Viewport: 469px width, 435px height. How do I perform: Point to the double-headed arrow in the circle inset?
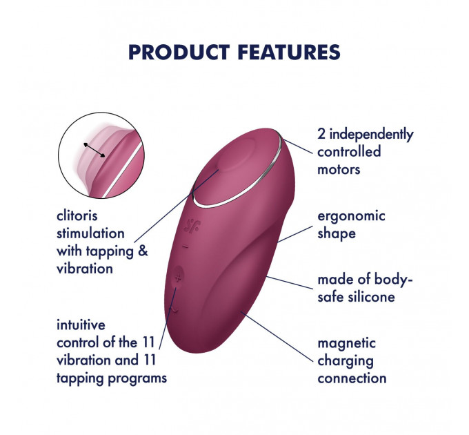click(95, 151)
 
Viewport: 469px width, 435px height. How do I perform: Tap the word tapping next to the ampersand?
click(110, 251)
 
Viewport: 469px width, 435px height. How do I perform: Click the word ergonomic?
click(351, 215)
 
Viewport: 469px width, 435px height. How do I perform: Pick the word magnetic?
click(346, 342)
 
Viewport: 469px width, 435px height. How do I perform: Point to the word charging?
click(345, 360)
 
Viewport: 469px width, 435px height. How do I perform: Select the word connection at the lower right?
click(352, 378)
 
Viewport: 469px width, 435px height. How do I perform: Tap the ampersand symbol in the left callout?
click(143, 251)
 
